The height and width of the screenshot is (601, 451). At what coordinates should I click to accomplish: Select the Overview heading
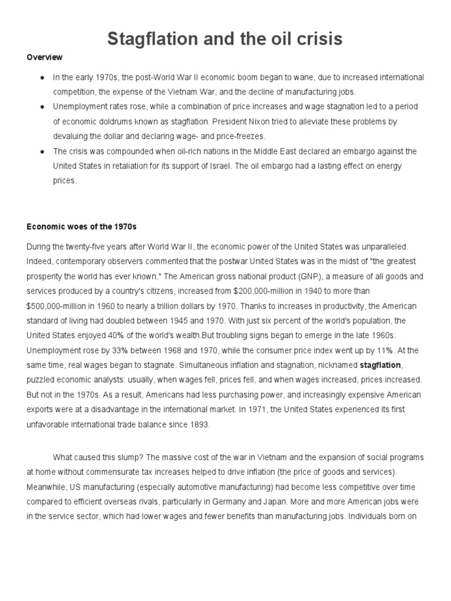44,58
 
